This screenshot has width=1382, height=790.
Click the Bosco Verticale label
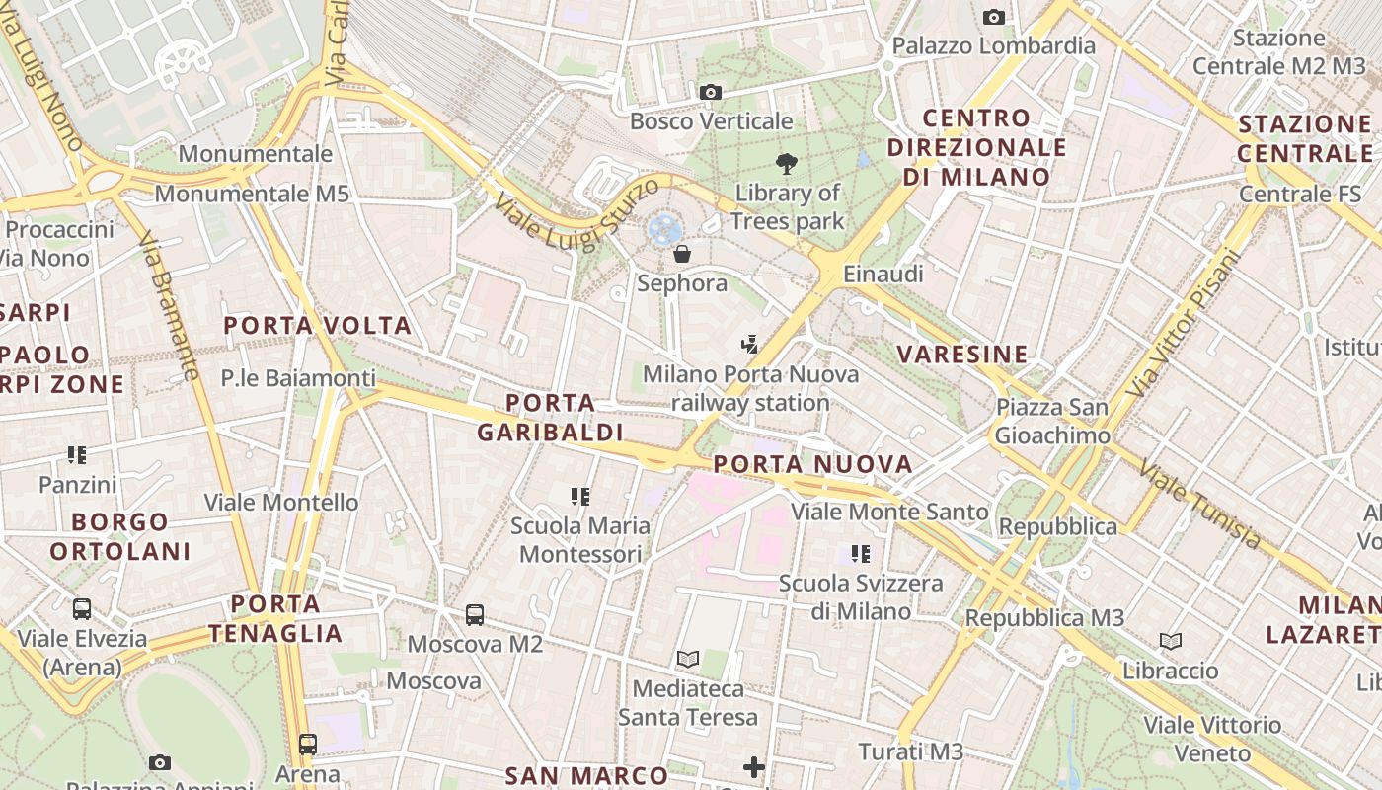point(711,121)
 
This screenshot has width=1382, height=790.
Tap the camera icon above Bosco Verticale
point(710,93)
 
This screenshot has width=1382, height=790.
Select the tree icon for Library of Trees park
point(787,164)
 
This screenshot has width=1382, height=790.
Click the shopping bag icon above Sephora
point(681,254)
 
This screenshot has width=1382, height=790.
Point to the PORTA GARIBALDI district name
point(550,418)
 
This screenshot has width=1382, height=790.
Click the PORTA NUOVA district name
point(812,464)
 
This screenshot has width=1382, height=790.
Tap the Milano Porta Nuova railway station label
point(750,389)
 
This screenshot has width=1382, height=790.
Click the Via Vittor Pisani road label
point(1181,321)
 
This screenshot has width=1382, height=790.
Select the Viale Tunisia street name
point(1200,504)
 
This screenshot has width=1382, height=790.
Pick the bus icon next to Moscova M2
point(475,615)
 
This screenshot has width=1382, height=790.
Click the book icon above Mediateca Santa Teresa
point(688,659)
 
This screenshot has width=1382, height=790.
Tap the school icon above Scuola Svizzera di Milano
point(861,554)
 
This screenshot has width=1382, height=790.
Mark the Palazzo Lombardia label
point(993,45)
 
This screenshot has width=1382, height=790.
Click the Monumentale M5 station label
point(252,194)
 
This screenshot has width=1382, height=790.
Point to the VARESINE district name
point(962,355)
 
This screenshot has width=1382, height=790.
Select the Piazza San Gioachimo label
point(1051,422)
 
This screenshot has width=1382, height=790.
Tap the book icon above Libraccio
point(1170,642)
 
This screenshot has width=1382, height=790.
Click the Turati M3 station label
point(910,751)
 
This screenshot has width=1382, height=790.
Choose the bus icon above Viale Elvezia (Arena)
point(82,609)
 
